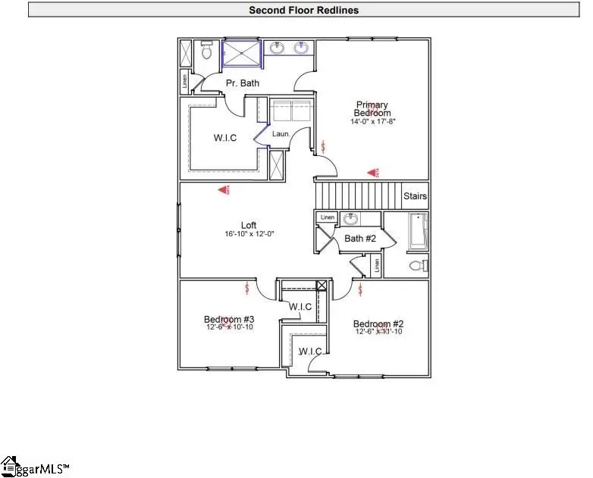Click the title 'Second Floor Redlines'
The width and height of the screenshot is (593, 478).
click(x=303, y=10)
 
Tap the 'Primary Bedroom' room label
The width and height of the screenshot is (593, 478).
click(x=372, y=109)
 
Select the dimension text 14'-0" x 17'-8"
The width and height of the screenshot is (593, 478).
click(x=372, y=121)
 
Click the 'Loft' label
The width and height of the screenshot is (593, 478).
click(x=249, y=225)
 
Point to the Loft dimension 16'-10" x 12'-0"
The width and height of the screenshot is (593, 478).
click(x=249, y=235)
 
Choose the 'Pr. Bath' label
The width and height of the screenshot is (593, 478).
click(x=243, y=83)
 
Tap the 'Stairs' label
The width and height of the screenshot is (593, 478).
click(x=414, y=196)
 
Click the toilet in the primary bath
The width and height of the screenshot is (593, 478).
click(x=206, y=52)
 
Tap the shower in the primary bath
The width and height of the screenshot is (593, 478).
click(x=241, y=54)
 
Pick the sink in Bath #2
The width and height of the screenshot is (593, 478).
click(x=351, y=219)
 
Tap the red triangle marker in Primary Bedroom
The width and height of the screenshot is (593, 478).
click(x=372, y=173)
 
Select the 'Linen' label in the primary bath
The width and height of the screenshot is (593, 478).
click(x=184, y=80)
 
